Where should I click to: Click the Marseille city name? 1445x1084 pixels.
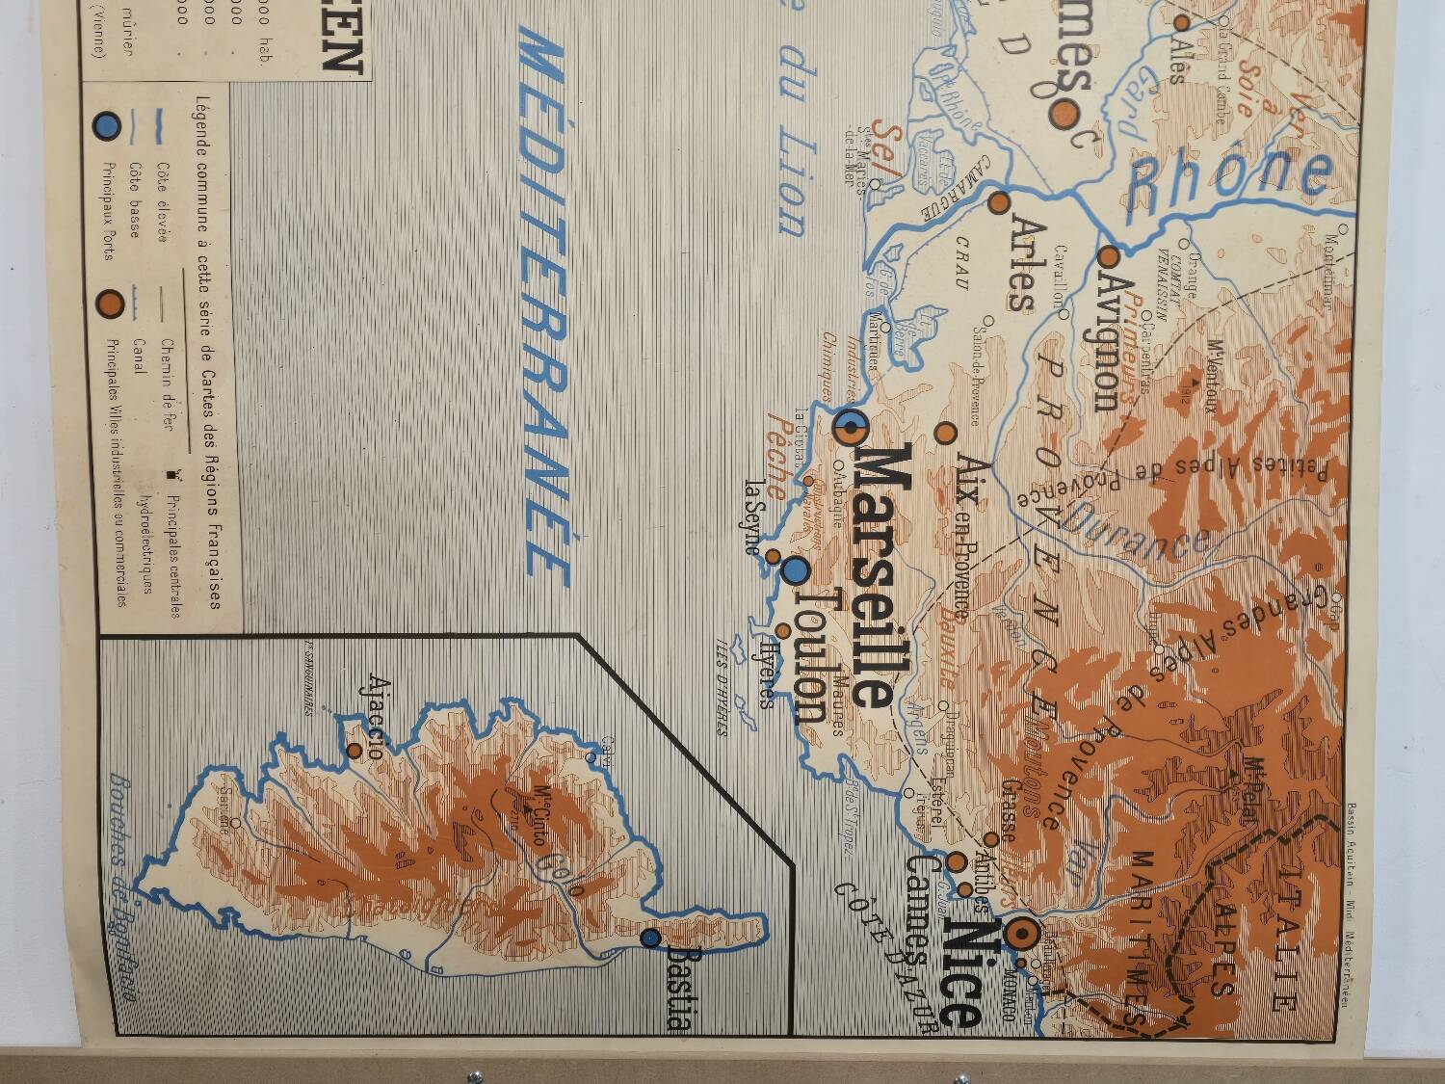pos(869,575)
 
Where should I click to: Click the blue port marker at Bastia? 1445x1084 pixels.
pos(651,937)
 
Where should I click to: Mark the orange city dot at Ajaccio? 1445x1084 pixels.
pos(355,749)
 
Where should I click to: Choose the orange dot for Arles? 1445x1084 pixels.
pos(999,203)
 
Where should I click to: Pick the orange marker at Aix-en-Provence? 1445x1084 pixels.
pos(946,433)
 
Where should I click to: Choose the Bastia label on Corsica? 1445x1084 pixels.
pos(680,987)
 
